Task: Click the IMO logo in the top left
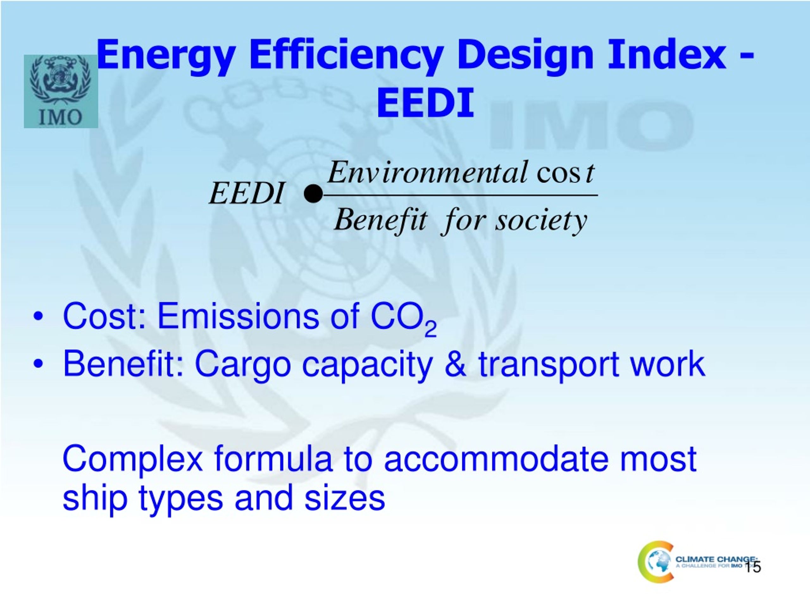point(61,91)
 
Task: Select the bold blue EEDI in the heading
point(425,103)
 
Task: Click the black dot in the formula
point(314,194)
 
